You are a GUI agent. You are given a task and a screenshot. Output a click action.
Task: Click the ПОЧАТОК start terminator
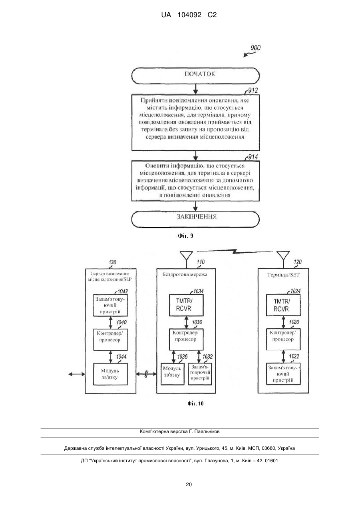click(195, 76)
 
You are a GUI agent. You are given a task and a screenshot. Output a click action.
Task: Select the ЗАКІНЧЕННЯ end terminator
click(195, 219)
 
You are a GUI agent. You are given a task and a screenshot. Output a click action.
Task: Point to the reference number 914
click(253, 157)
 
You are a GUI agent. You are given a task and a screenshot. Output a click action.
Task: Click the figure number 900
click(256, 48)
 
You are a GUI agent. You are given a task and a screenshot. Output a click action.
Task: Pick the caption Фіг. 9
click(185, 236)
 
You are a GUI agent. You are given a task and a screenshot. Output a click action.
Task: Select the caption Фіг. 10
click(195, 403)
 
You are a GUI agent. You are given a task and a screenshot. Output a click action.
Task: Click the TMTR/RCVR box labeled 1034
click(186, 305)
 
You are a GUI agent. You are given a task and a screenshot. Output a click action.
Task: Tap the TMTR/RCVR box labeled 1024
click(283, 305)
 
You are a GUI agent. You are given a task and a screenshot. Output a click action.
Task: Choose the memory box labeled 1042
click(110, 305)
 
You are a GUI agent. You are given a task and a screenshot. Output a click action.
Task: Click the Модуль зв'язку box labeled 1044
click(110, 374)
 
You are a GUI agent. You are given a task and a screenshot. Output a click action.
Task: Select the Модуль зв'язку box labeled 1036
click(172, 374)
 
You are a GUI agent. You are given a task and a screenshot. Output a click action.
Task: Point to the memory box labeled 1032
click(200, 374)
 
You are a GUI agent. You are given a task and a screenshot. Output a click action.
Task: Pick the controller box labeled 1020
click(283, 339)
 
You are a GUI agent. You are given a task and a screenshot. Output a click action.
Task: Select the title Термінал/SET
click(283, 275)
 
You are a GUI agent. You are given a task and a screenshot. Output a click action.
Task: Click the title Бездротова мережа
click(185, 275)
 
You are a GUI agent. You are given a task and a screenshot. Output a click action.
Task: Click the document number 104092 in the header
click(189, 15)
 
